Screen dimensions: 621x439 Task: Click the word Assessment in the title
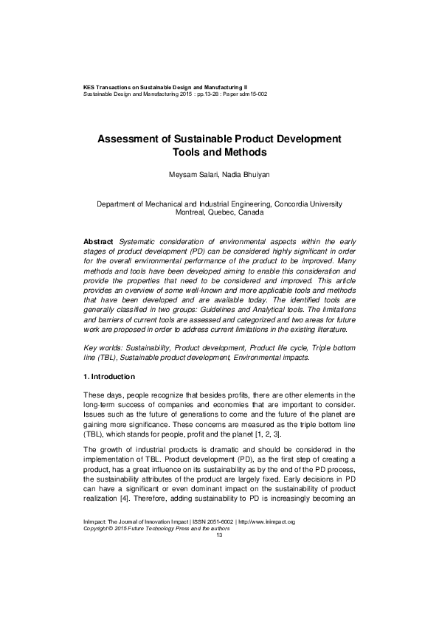pos(131,139)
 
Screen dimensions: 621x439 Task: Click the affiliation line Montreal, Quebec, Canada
pos(219,212)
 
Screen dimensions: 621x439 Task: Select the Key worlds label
pos(107,346)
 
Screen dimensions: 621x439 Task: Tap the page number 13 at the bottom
pos(219,576)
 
